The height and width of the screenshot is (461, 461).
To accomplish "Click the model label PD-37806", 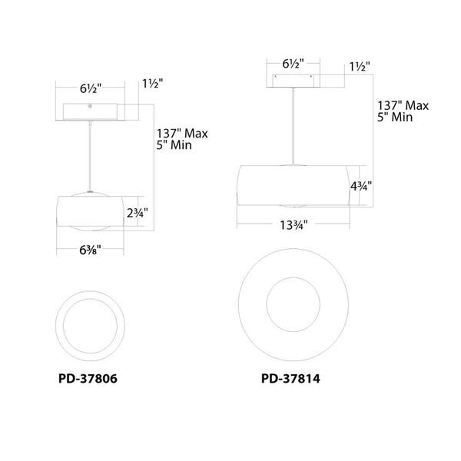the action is point(88,378).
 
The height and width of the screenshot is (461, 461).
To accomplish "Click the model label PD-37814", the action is point(290,378).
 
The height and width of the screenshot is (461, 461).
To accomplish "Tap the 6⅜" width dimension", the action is point(90,250).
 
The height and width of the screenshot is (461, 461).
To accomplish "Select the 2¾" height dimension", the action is point(137,213).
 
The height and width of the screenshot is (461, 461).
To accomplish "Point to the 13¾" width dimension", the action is point(294,225).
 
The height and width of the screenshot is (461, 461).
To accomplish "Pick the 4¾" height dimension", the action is point(361,186).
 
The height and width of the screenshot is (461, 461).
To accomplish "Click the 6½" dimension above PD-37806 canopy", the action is point(91,88).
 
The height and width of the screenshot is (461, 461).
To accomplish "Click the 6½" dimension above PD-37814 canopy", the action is point(293,64).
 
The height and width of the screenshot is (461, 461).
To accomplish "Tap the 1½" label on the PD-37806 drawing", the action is point(153,84).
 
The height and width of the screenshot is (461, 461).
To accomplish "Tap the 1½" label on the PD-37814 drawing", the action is point(360,67).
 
